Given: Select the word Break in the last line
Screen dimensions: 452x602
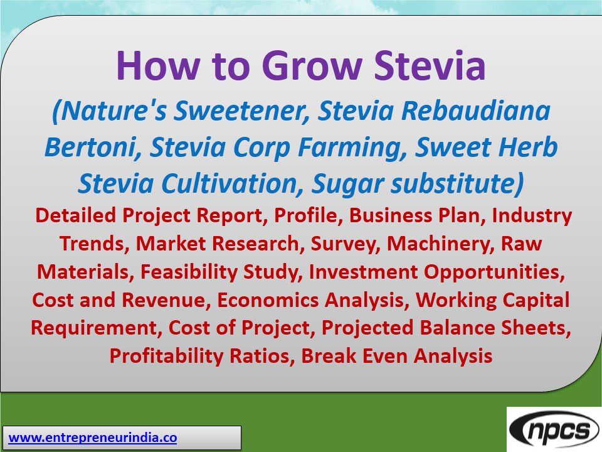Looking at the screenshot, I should tap(328, 356).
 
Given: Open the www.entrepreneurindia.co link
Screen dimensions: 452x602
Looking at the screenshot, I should tap(93, 438).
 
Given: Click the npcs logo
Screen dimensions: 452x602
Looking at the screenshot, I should tap(554, 429).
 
